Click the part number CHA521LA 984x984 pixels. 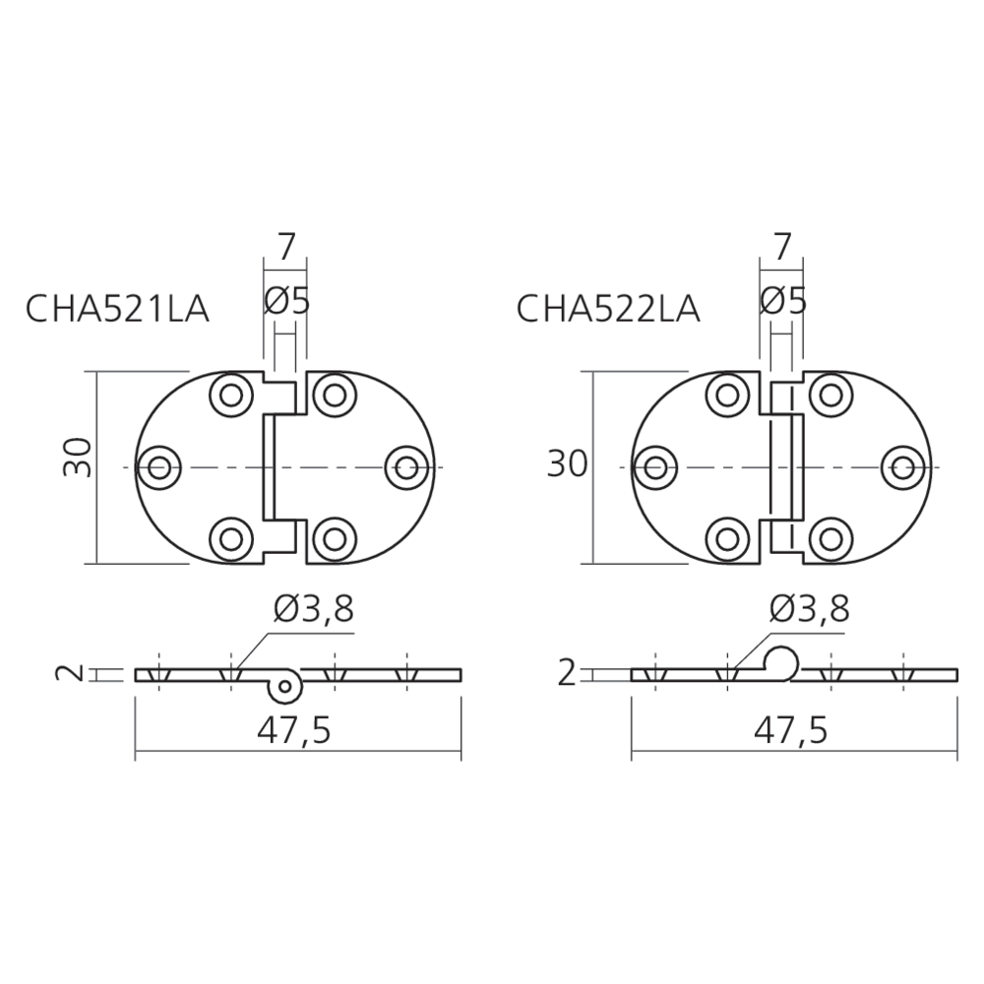(x=117, y=309)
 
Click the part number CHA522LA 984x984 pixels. (x=607, y=309)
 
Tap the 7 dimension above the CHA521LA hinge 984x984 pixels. (x=285, y=247)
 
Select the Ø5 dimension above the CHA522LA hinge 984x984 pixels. (x=782, y=302)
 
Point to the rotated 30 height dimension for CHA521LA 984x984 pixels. (x=79, y=458)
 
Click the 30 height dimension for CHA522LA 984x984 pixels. (x=568, y=464)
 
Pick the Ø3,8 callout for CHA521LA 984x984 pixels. (x=314, y=608)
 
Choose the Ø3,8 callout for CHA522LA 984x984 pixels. (x=810, y=608)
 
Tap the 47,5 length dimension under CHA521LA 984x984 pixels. (x=293, y=730)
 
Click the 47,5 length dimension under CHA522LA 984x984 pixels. (x=791, y=730)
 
